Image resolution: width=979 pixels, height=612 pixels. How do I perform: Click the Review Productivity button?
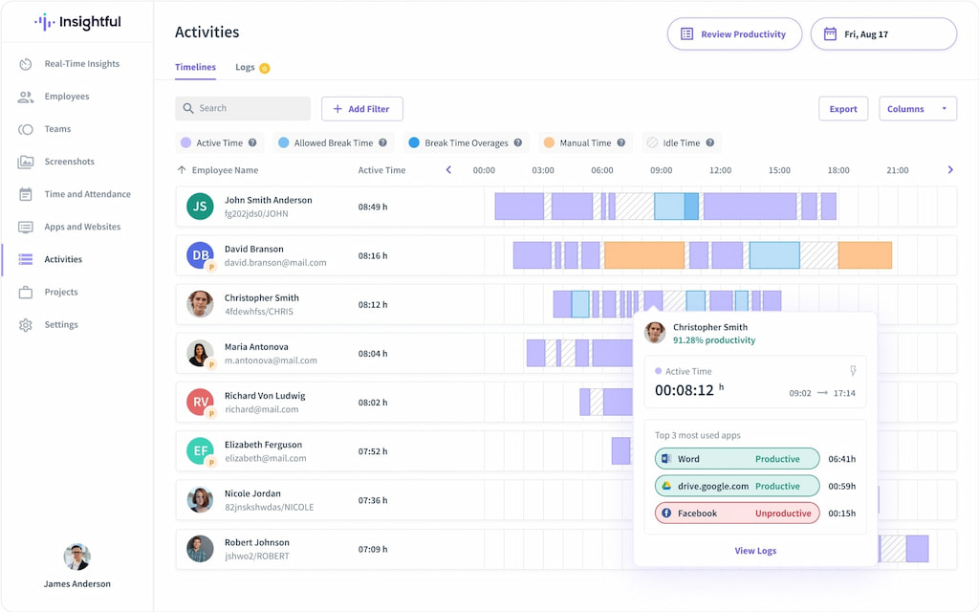pos(733,34)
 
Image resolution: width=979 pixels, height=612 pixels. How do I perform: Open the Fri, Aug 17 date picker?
pos(883,34)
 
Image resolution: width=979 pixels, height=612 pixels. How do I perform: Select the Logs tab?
pos(246,68)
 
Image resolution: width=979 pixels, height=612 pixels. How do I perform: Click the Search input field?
pos(243,109)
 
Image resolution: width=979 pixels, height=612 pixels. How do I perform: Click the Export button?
pos(842,109)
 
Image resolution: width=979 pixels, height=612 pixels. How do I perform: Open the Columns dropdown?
pos(917,109)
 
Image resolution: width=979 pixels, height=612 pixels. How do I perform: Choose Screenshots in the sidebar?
pos(69,162)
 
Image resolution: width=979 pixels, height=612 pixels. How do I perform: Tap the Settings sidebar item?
pos(61,325)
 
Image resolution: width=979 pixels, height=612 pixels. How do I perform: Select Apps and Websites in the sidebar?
pos(82,228)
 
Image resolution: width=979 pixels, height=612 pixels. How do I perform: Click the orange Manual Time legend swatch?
pos(549,143)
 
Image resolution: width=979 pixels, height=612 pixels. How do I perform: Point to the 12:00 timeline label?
pos(720,170)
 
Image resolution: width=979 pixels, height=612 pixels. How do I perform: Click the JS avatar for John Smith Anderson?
pos(200,207)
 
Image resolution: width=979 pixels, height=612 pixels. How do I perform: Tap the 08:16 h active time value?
pos(372,256)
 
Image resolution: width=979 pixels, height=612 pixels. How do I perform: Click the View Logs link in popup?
pos(754,551)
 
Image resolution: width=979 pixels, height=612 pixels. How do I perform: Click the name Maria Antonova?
pos(256,347)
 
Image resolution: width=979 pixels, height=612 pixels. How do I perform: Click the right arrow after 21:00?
pos(950,170)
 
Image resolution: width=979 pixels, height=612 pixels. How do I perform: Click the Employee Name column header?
pos(225,170)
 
